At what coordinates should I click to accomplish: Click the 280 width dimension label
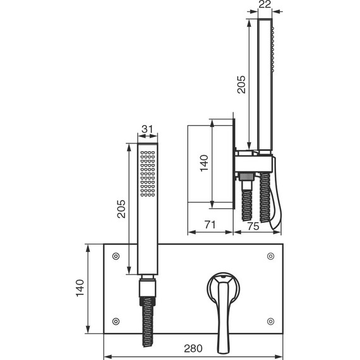(193, 348)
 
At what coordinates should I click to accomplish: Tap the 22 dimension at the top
(265, 4)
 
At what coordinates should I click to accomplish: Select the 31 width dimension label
(147, 129)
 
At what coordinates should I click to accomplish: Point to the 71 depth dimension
(210, 225)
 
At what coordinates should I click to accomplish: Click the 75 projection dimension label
(253, 226)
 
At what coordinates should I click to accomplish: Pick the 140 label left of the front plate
(80, 288)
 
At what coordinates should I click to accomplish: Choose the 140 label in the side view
(204, 163)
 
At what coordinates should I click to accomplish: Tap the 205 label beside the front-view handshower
(121, 208)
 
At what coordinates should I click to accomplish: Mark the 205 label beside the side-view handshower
(241, 84)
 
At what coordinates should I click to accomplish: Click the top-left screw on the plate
(116, 256)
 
